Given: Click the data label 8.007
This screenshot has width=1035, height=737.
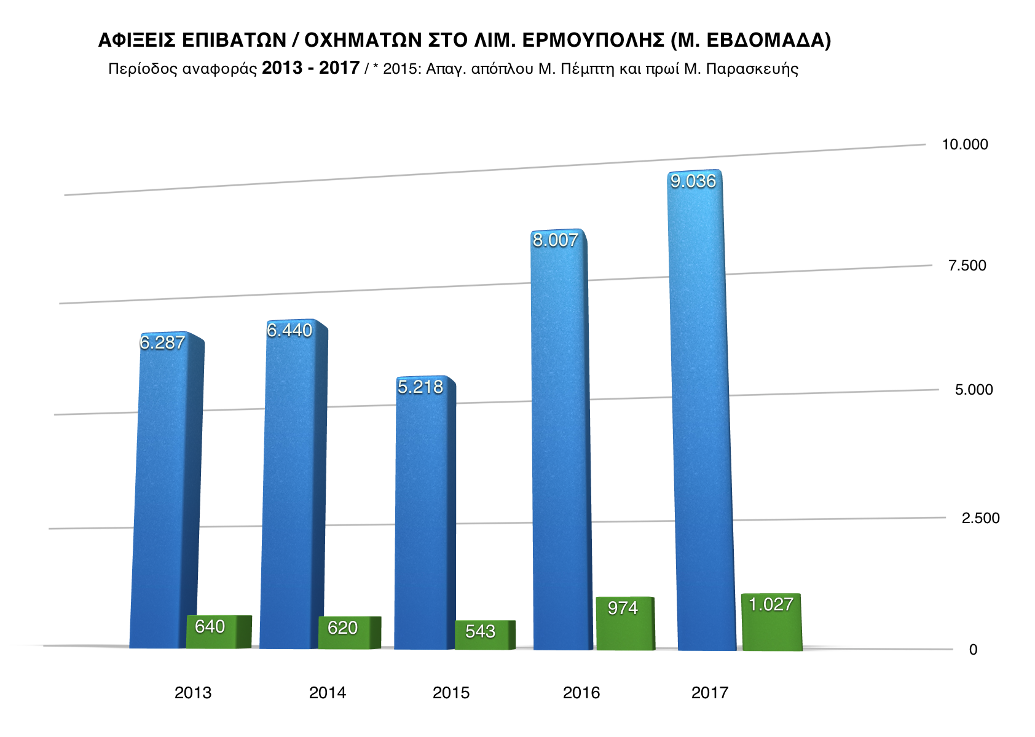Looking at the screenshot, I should (x=556, y=240).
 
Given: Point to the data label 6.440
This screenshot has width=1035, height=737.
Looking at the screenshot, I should (x=289, y=330).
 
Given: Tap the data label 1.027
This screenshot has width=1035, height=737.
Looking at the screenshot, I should (x=771, y=604).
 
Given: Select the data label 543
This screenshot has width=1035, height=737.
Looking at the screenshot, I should (x=480, y=631).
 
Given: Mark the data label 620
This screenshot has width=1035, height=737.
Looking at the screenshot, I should (x=342, y=628).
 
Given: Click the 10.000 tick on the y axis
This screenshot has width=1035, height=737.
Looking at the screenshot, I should (x=965, y=144).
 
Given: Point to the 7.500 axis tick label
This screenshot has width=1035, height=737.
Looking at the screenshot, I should (x=967, y=266).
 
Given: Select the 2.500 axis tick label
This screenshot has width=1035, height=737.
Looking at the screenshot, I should (x=980, y=518).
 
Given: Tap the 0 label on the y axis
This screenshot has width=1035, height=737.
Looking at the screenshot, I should (x=973, y=650).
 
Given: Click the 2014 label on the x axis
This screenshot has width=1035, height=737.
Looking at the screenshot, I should (x=327, y=693).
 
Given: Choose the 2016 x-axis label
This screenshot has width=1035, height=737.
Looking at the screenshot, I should (x=581, y=693).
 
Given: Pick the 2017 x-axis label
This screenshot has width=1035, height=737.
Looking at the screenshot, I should (x=709, y=693).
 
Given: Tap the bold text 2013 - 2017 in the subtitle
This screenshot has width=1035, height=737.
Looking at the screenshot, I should (x=310, y=68).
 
